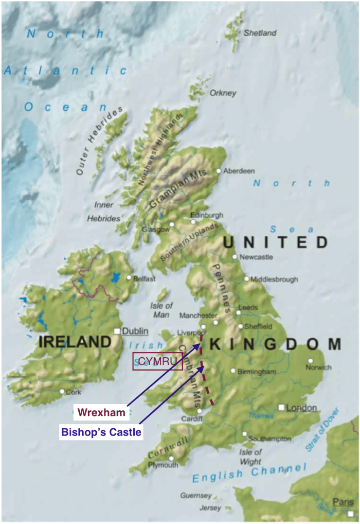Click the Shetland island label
pos(260,33)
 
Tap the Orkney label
pos(223,93)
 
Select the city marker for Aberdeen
pos(219,171)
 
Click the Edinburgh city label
pos(207,215)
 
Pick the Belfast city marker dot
pos(129,278)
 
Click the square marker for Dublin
pos(117,331)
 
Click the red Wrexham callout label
pos(102,413)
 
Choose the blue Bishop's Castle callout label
pos(101,432)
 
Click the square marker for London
pos(281,407)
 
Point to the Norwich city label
pos(318,367)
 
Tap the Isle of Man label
pos(162,310)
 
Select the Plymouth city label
pos(163,465)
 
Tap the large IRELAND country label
pos(75,342)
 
